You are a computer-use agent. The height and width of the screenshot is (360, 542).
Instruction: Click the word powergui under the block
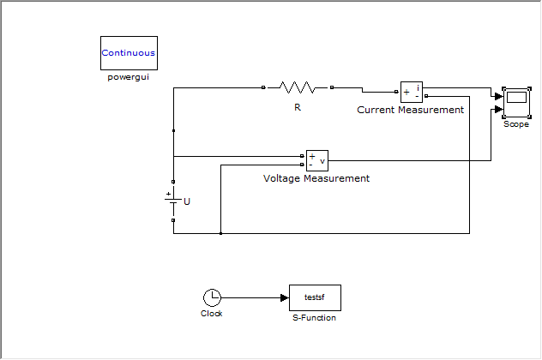tap(129, 77)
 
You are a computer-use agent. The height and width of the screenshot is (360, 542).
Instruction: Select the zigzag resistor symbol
tap(298, 87)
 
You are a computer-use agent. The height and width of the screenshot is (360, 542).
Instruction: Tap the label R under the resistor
tap(298, 108)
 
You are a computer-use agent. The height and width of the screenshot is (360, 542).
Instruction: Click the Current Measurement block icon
tap(412, 93)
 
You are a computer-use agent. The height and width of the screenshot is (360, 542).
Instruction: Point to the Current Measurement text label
tap(410, 110)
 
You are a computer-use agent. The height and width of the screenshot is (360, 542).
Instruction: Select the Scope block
tap(516, 103)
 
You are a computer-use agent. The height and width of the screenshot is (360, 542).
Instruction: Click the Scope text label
tap(516, 124)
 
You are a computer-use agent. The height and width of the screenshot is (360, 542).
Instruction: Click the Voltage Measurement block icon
tap(317, 160)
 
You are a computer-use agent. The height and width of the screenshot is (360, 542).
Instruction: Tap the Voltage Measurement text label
tap(316, 178)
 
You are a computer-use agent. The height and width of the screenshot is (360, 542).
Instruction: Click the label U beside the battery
tap(187, 201)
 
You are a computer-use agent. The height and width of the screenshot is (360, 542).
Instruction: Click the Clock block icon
tap(212, 297)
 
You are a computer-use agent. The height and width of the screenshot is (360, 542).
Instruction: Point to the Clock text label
tap(212, 314)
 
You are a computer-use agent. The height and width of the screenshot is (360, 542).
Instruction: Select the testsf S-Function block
tap(315, 297)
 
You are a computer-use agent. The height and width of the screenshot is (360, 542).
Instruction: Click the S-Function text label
tap(315, 318)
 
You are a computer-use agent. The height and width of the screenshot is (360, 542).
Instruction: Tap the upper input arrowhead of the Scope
tap(498, 97)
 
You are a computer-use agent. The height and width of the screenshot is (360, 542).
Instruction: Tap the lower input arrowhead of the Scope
tap(498, 109)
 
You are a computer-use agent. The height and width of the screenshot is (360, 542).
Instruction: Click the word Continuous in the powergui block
tap(129, 53)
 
